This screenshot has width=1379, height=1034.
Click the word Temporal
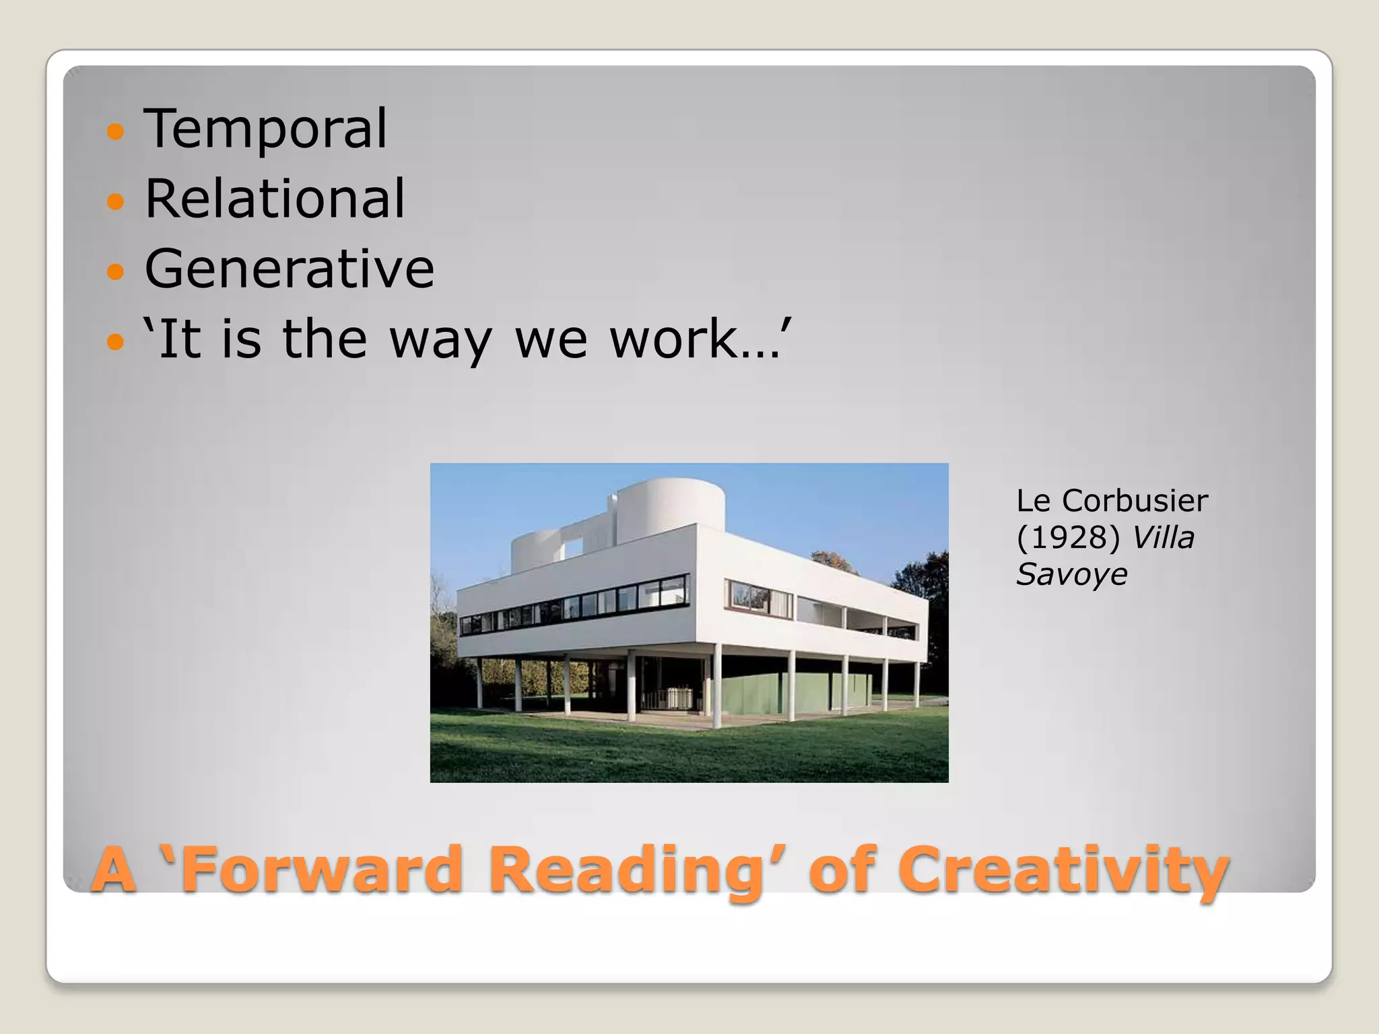265,129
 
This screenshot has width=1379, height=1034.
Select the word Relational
275,199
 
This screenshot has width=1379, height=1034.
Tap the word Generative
290,269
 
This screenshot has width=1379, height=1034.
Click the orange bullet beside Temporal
116,131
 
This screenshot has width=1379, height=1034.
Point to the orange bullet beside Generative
116,271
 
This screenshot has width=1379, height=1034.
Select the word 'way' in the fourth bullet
441,341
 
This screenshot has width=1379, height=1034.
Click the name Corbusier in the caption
1135,501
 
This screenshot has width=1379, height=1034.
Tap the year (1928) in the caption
1068,537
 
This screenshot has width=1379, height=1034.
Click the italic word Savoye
1071,574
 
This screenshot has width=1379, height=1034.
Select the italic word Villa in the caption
1163,537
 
